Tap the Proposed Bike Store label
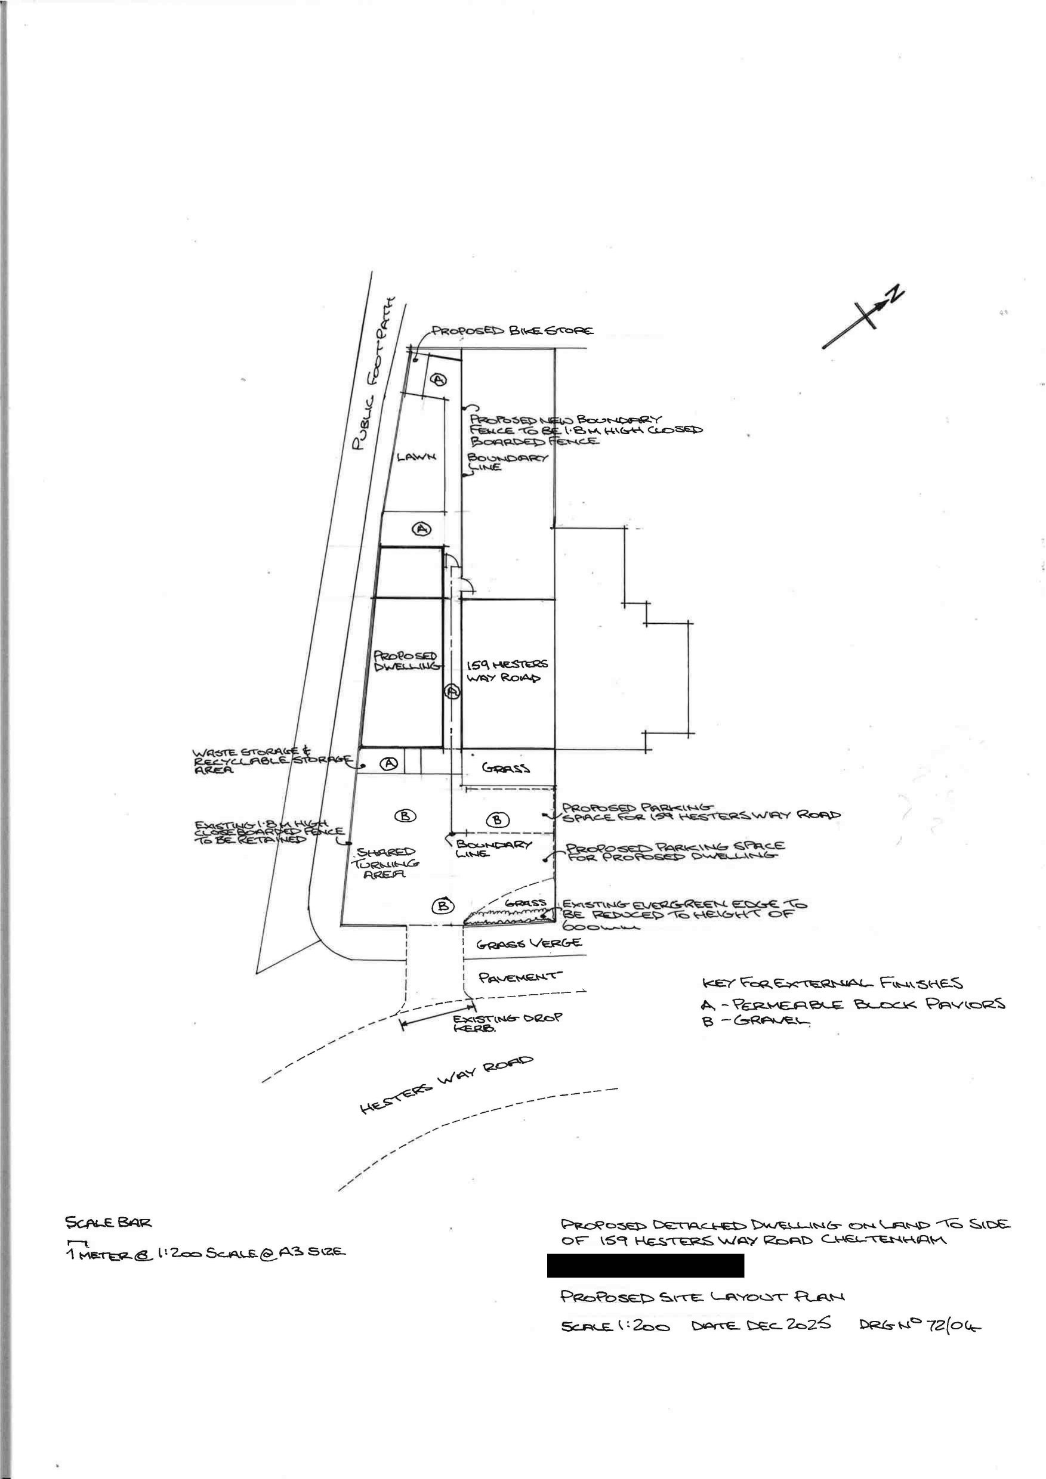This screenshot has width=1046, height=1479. (x=513, y=331)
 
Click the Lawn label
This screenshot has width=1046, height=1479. (x=416, y=457)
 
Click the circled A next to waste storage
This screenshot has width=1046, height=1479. (x=388, y=763)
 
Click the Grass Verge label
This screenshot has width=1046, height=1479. (x=529, y=943)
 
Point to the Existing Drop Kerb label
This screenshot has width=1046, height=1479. (x=507, y=1022)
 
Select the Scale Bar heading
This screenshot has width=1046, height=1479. (x=108, y=1222)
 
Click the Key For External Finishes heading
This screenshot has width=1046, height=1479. (x=832, y=983)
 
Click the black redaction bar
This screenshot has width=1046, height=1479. (x=645, y=1265)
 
